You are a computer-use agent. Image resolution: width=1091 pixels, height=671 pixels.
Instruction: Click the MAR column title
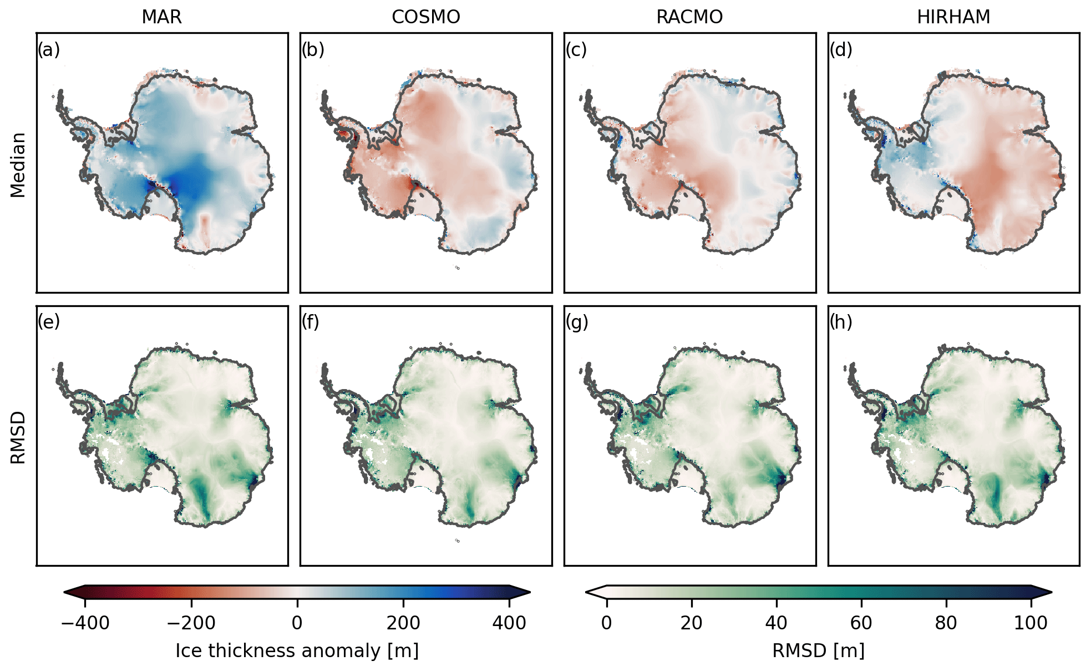tap(161, 17)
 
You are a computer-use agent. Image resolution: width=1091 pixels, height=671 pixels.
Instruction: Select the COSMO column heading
tap(425, 17)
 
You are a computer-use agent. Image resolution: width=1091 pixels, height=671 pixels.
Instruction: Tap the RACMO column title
tap(689, 17)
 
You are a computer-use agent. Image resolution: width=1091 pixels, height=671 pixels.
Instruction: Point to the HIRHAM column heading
tap(953, 17)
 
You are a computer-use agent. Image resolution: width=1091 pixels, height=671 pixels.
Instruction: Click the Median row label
tap(18, 165)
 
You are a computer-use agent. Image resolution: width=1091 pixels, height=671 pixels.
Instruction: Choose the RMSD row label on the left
tap(18, 437)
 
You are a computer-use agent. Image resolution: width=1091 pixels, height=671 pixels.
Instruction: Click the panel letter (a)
tap(49, 50)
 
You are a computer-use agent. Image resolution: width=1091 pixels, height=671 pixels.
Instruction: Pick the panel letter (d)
tap(841, 50)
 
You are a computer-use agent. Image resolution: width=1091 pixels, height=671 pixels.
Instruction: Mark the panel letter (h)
tap(841, 322)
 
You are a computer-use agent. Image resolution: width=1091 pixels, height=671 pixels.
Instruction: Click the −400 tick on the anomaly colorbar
tap(85, 623)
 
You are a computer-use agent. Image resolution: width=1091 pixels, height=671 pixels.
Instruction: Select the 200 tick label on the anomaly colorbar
tap(403, 623)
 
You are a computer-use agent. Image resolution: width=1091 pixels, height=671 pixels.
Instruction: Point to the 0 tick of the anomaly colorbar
tap(297, 623)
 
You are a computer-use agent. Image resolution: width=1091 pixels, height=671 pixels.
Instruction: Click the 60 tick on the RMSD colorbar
tap(861, 623)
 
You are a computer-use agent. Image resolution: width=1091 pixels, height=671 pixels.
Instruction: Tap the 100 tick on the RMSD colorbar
tap(1031, 623)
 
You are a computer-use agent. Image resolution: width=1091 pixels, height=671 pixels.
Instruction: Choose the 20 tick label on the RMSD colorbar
tap(691, 623)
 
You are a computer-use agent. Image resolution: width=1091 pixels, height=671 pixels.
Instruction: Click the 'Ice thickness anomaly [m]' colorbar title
tap(297, 650)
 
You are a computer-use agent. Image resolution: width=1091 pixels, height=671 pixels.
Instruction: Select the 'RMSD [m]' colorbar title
tap(818, 650)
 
